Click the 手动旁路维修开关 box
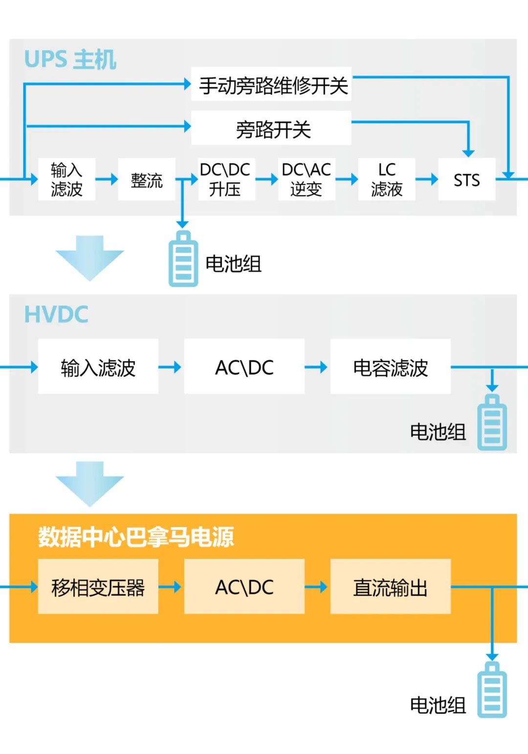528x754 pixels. click(x=271, y=84)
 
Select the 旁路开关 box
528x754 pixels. click(x=271, y=128)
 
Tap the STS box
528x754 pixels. click(x=466, y=179)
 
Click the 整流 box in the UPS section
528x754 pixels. click(x=146, y=179)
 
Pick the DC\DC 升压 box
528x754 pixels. click(x=225, y=179)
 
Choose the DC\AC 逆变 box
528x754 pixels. click(x=307, y=179)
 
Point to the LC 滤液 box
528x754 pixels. click(x=386, y=179)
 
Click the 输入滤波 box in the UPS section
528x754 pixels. click(x=66, y=179)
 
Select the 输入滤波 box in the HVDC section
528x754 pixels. click(x=98, y=367)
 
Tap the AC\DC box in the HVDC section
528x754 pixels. click(x=244, y=367)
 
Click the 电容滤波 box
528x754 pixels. click(x=390, y=367)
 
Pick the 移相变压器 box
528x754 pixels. click(x=98, y=587)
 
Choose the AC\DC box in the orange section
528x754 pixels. click(x=244, y=587)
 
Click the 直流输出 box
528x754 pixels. click(x=390, y=587)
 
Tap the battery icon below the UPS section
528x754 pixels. click(x=183, y=259)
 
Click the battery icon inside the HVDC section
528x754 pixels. click(x=492, y=422)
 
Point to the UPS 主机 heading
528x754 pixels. click(x=70, y=60)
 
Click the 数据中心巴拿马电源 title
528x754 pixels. click(x=136, y=537)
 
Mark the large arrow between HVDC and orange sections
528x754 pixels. click(x=90, y=484)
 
